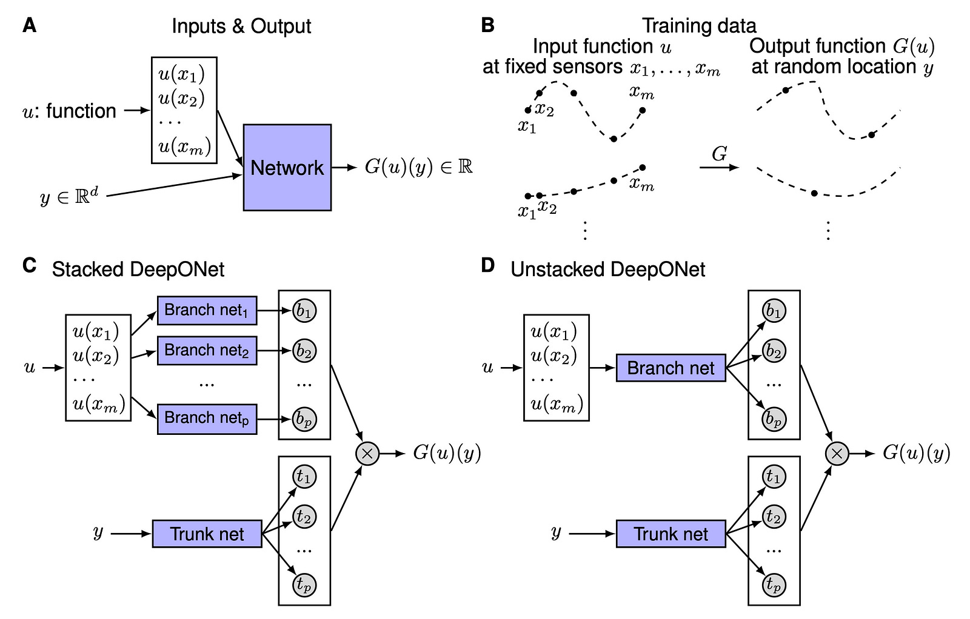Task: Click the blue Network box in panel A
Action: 287,167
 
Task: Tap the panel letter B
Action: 487,25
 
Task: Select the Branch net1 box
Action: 207,310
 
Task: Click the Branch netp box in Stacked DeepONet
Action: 207,418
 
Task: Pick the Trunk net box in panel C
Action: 207,534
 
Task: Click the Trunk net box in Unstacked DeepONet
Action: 671,534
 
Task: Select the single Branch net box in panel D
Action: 671,368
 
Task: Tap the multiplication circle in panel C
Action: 367,453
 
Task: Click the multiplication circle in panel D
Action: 837,453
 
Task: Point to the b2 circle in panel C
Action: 304,351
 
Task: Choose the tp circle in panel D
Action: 774,584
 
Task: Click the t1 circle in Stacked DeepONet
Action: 304,477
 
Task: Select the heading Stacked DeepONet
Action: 138,269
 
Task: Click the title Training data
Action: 698,25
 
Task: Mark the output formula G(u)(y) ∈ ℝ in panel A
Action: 418,167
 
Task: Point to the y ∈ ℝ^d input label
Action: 69,197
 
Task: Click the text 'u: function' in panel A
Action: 69,111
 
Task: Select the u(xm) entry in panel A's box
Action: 184,147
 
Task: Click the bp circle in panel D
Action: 774,419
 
